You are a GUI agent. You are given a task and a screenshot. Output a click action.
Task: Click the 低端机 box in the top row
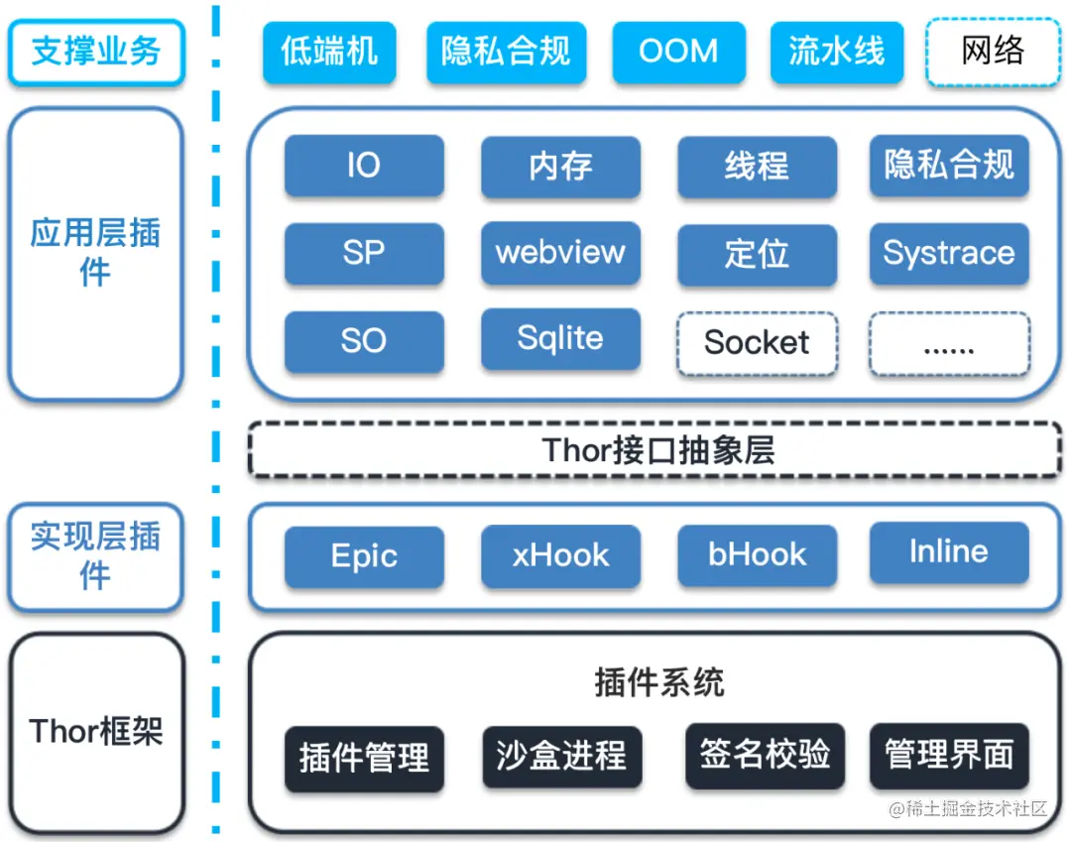pos(329,52)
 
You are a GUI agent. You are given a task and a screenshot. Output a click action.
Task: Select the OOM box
pos(678,52)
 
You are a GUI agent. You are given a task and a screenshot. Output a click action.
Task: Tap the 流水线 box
pos(836,52)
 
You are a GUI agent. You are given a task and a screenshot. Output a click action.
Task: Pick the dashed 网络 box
pos(992,52)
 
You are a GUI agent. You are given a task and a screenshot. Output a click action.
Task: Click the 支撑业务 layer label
pos(95,52)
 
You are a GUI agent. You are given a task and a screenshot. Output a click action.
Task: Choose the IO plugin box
pos(363,166)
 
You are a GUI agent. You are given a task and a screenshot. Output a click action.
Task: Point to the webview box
pos(560,253)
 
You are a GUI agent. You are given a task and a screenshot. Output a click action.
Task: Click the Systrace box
pos(949,253)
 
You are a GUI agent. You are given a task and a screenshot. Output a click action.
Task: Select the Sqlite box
pos(560,339)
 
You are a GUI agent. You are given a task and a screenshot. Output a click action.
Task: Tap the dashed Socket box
pos(757,343)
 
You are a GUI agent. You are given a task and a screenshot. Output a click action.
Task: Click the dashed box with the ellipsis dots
pos(949,344)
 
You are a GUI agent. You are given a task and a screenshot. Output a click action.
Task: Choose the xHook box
pos(560,555)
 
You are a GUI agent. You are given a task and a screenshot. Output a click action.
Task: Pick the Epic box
pos(363,555)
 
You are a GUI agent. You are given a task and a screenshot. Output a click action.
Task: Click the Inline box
pos(949,552)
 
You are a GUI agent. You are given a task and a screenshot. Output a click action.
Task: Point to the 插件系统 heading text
pos(658,682)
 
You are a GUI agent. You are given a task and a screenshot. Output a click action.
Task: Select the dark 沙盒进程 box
pos(561,757)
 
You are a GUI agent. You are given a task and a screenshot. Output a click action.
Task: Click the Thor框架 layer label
pos(95,732)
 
